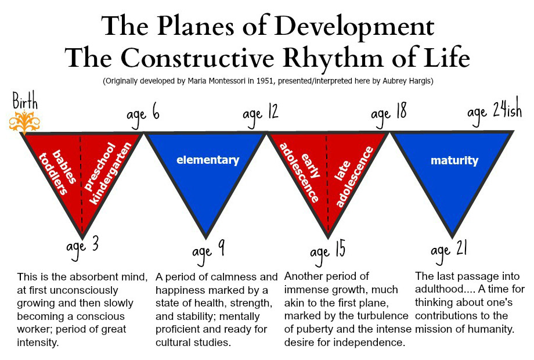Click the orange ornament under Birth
(24, 122)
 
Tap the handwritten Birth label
(25, 100)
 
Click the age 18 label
(388, 114)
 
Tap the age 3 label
(82, 247)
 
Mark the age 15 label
(327, 253)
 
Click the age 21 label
(449, 251)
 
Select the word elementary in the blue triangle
(208, 160)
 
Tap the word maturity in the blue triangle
(454, 160)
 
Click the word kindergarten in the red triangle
(110, 174)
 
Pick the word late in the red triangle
(342, 171)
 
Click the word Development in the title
(354, 27)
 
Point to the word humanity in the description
(490, 329)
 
